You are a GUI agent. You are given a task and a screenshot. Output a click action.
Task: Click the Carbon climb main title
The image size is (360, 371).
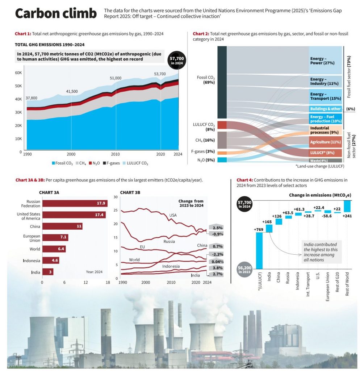coord(56,13)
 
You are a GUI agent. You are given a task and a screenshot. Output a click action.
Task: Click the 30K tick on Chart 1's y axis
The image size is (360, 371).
coord(18,112)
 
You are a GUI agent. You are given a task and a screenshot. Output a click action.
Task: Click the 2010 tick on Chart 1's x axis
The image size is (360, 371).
coord(116,154)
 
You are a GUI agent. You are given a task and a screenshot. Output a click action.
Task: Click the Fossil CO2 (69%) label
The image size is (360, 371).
coord(206,80)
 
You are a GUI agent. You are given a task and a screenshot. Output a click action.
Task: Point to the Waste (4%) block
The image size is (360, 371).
coord(319,161)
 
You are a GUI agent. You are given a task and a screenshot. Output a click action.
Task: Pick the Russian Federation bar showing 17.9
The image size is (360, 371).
coord(75,204)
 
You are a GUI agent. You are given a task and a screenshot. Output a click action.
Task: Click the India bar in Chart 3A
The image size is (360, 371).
coord(47,272)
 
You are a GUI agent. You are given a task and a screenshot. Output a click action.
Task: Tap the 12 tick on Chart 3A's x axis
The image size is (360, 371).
coord(85,282)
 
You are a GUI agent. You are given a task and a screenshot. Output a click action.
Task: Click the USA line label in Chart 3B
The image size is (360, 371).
coord(173,216)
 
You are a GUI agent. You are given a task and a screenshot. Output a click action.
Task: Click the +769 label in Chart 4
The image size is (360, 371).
coord(258,229)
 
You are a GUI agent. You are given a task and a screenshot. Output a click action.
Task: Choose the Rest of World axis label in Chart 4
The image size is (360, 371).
coord(347,288)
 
